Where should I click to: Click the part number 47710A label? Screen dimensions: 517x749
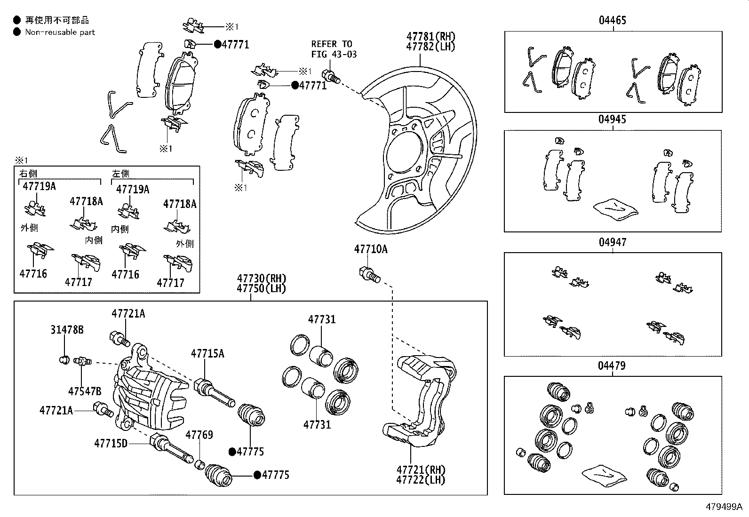[371, 249]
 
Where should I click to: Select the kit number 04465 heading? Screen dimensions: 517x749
[612, 20]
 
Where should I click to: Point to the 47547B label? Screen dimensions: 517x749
[85, 391]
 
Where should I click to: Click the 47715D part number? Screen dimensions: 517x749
[111, 443]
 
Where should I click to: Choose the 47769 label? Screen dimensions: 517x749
[199, 435]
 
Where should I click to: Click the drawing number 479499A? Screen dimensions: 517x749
[723, 507]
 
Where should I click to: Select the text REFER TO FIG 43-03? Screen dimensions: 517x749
[334, 49]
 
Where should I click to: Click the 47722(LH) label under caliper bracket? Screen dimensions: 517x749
[421, 480]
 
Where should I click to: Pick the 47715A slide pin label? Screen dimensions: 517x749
[207, 353]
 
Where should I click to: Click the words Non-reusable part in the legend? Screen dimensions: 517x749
[60, 32]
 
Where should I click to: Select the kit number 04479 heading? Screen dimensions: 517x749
[612, 366]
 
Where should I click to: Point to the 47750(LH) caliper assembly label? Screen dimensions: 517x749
[261, 288]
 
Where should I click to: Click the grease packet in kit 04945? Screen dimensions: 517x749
[615, 208]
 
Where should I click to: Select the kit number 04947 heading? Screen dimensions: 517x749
[612, 242]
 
